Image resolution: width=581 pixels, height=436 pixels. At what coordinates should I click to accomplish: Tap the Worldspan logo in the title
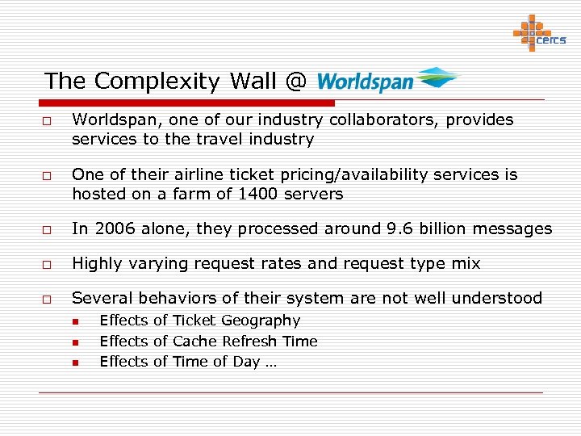tap(387, 81)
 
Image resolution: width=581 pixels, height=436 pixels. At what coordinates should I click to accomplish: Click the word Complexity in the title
tap(158, 82)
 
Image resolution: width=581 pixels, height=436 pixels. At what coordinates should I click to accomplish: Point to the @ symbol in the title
tap(295, 82)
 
